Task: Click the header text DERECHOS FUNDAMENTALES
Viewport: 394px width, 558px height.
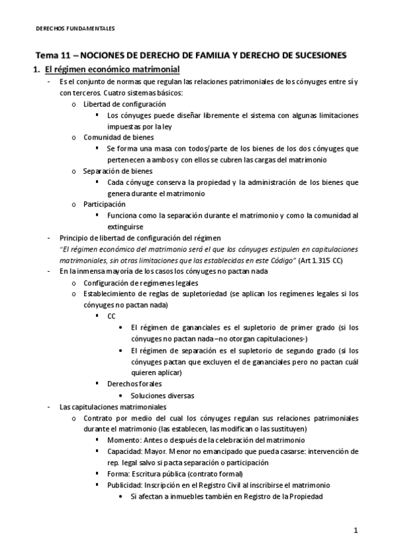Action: pyautogui.click(x=74, y=29)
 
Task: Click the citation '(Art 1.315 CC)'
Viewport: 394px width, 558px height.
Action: pyautogui.click(x=330, y=261)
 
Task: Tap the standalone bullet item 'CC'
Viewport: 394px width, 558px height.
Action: pyautogui.click(x=111, y=317)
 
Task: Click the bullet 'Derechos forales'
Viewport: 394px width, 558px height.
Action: pyautogui.click(x=134, y=384)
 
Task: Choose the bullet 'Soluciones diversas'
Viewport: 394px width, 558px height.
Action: pyautogui.click(x=162, y=395)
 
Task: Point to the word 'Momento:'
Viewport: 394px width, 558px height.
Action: pyautogui.click(x=122, y=440)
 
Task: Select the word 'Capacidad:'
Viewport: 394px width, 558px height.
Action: pyautogui.click(x=124, y=451)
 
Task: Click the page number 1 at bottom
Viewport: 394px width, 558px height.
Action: pyautogui.click(x=355, y=530)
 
